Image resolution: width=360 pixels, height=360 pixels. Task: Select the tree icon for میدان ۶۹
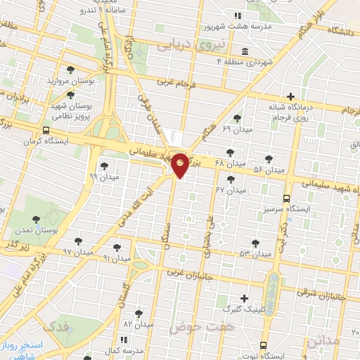coord(236,119)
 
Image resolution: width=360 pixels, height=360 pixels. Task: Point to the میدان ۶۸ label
coord(229,163)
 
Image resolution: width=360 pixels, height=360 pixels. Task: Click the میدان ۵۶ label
coord(269,170)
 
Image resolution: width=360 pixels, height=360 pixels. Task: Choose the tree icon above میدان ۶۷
coord(231,180)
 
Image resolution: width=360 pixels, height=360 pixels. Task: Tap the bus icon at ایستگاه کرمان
coord(46,131)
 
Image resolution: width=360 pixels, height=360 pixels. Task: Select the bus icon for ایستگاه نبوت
coord(263,346)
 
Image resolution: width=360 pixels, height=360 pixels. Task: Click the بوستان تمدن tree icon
coord(37,220)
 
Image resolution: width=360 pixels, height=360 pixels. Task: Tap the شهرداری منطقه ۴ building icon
coord(244,51)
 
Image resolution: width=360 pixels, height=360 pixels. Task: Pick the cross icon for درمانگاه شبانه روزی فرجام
coord(290,96)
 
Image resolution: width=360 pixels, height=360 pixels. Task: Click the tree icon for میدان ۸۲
coord(139,314)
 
